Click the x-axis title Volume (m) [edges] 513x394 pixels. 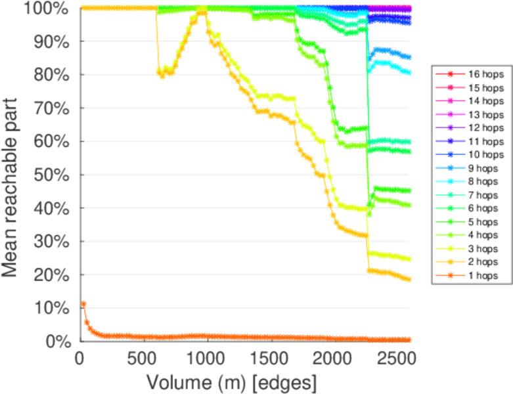231,382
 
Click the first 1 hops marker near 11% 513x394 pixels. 83,304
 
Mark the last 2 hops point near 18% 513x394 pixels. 409,280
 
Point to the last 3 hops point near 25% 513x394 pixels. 409,259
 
